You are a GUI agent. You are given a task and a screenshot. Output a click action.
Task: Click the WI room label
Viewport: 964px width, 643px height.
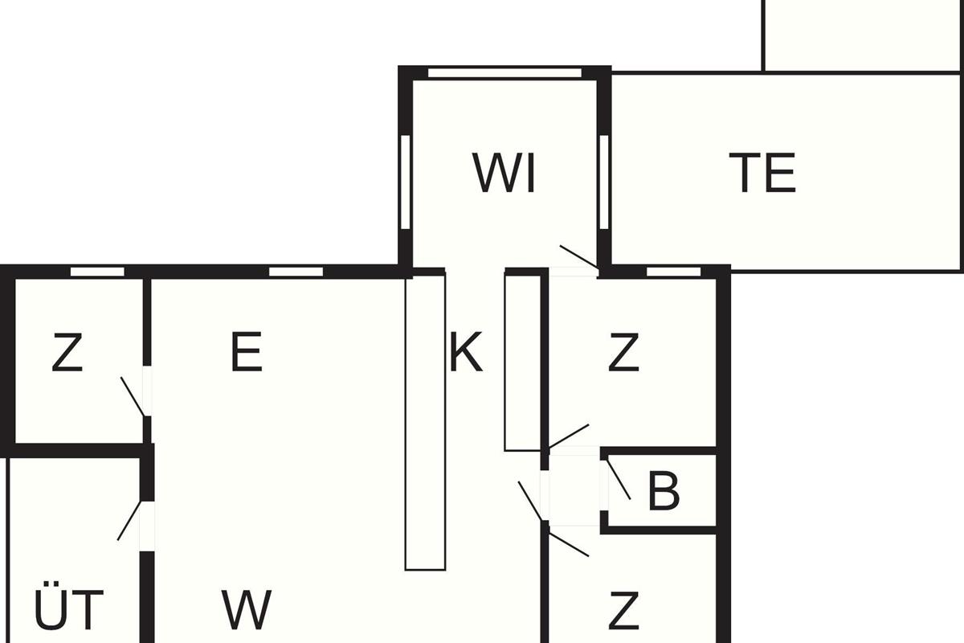(504, 173)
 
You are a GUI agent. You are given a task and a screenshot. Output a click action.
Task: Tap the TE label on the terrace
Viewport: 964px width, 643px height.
(762, 173)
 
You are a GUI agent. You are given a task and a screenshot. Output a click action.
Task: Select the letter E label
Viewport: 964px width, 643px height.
(247, 351)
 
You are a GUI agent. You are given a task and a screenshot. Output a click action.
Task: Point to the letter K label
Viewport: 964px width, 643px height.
(466, 351)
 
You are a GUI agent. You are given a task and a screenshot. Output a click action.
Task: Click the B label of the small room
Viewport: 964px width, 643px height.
(664, 491)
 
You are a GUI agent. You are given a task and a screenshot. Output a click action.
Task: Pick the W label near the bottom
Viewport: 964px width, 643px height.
(247, 610)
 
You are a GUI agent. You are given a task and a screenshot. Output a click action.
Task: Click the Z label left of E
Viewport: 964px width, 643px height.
(67, 351)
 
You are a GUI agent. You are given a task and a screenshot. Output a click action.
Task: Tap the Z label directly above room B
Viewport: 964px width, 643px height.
(623, 351)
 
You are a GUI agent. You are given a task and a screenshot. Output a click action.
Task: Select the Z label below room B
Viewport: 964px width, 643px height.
(623, 610)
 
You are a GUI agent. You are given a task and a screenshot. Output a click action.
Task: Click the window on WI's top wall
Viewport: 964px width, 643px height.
(504, 73)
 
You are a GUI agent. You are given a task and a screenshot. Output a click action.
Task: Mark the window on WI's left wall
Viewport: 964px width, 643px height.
(406, 182)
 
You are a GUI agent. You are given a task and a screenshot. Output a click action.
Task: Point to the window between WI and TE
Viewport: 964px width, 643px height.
(604, 182)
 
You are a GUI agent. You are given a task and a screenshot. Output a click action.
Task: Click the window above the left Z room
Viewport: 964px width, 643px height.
(97, 272)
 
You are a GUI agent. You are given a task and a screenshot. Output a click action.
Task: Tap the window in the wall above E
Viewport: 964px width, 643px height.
(296, 272)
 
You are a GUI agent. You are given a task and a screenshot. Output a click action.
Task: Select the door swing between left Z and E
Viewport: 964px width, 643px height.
(133, 397)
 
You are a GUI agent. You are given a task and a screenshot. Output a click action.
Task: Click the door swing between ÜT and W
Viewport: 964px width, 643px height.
(129, 520)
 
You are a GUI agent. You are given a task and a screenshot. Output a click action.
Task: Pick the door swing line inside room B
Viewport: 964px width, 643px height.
(619, 479)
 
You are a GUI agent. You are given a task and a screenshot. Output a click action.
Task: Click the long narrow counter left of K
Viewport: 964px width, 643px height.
(425, 422)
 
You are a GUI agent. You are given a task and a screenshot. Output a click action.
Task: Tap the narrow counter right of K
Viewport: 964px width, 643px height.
(523, 362)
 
